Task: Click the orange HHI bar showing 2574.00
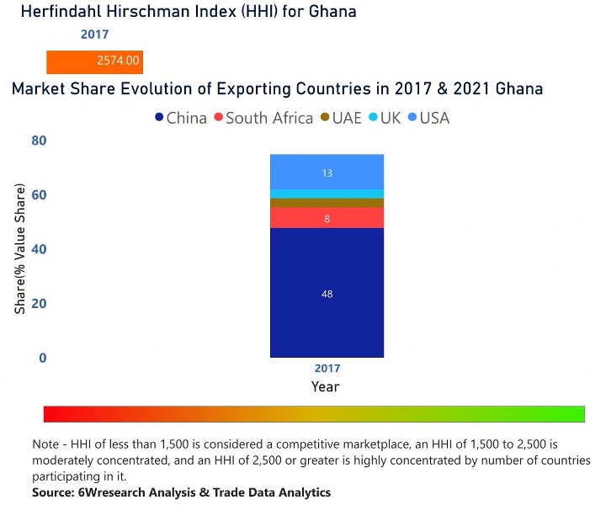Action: tap(94, 62)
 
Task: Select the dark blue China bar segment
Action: tap(327, 293)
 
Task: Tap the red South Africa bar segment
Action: tap(327, 218)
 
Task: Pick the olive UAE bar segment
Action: tap(327, 203)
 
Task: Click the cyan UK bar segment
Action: tap(327, 194)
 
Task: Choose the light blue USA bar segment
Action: tap(327, 173)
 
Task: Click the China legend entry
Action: tap(181, 118)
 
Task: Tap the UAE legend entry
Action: tap(341, 118)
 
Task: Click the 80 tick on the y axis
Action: tap(39, 141)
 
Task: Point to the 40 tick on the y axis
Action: tap(39, 249)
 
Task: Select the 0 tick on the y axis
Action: tap(42, 358)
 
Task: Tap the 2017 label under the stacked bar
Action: tap(327, 369)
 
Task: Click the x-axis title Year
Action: tap(326, 386)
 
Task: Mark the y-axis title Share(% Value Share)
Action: tap(20, 249)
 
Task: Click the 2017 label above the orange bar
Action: tap(94, 35)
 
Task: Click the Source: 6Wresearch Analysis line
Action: tap(181, 492)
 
